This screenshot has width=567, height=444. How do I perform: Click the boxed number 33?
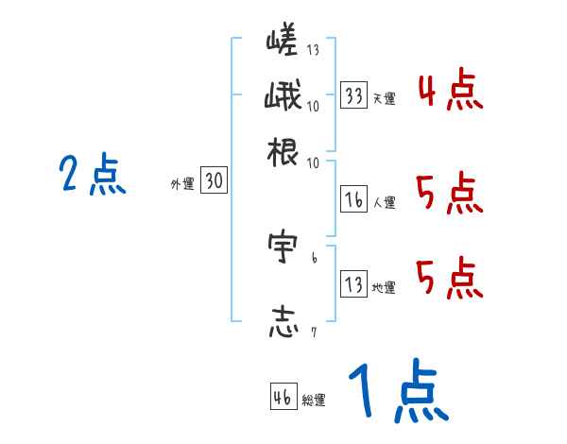tap(354, 95)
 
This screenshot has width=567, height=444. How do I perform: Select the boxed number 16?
tap(354, 199)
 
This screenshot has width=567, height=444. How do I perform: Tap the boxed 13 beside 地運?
tap(354, 284)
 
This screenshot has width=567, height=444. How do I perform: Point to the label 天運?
tap(384, 98)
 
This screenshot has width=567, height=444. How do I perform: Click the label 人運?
tap(384, 202)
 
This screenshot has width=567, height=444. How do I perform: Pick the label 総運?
tap(314, 401)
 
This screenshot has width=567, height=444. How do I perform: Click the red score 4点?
tap(450, 93)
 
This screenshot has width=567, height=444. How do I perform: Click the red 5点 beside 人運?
tap(450, 195)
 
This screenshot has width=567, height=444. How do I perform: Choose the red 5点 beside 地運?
tap(450, 278)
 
